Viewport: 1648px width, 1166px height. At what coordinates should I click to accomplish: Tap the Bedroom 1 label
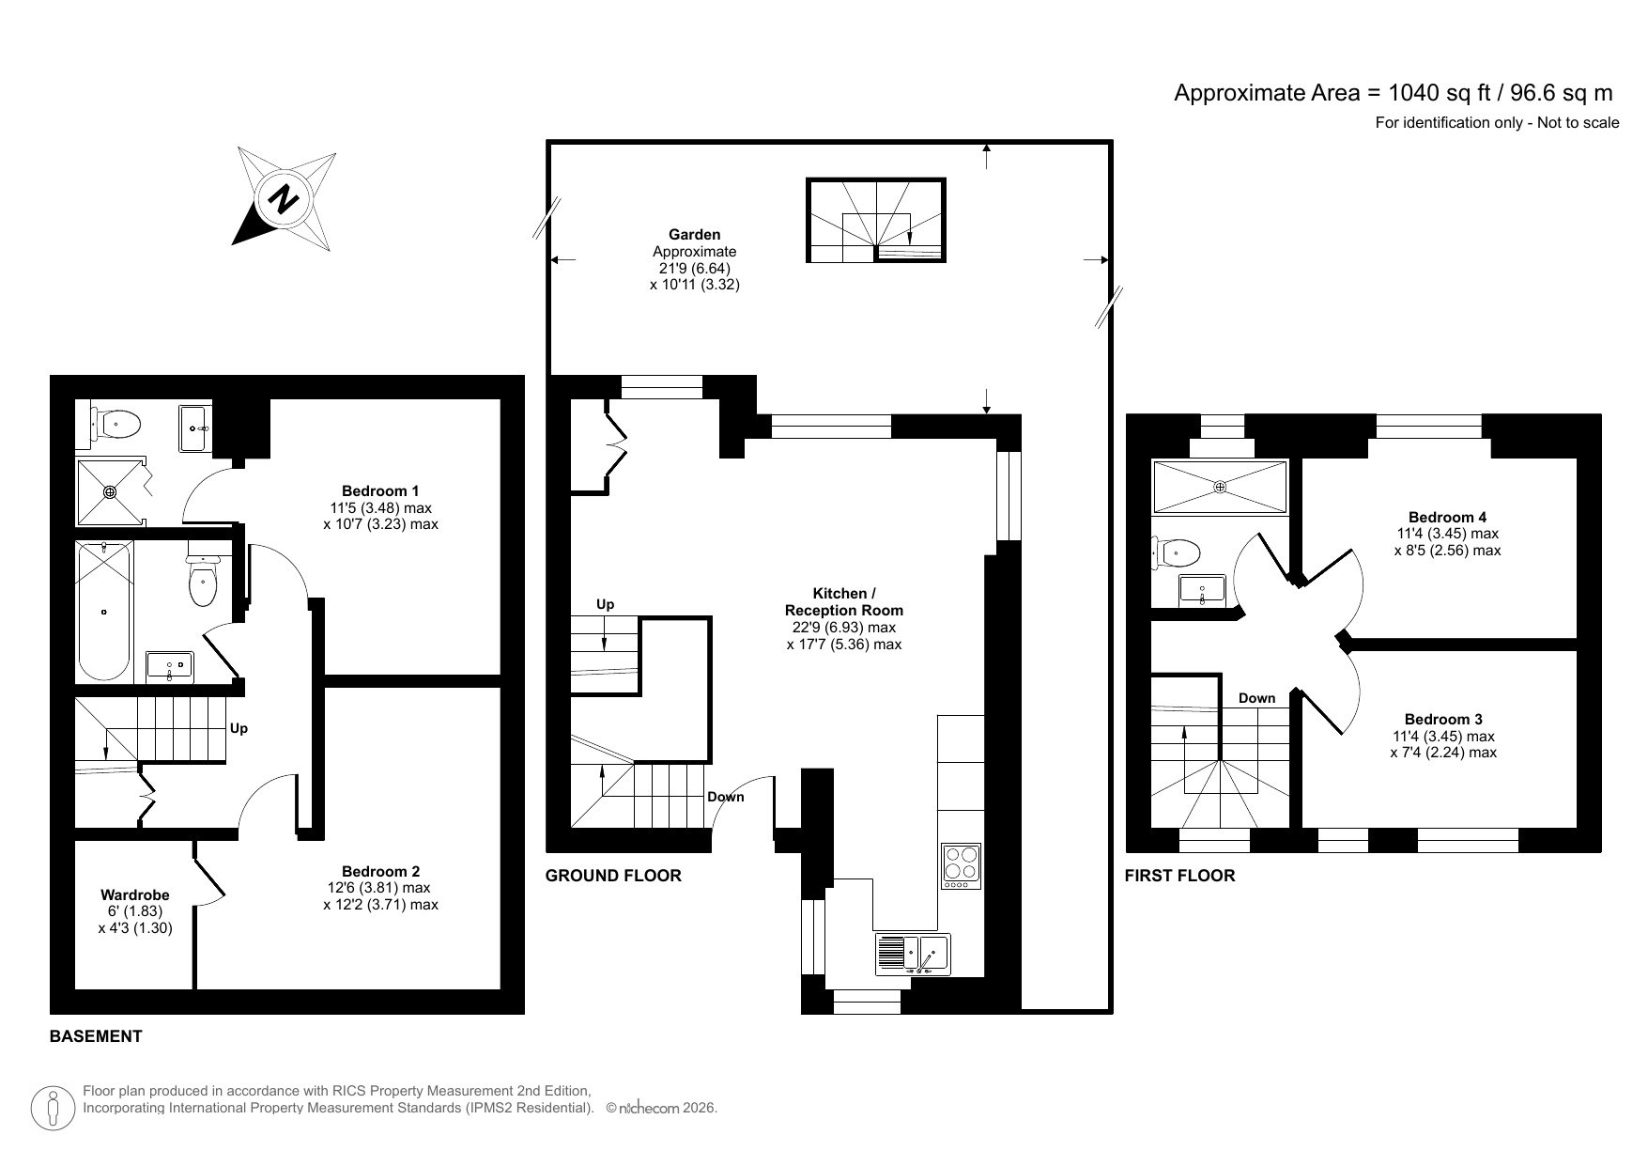[x=379, y=490]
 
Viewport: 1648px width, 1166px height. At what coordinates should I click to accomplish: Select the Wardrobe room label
[x=135, y=895]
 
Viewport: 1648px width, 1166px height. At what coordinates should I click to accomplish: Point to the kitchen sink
[x=913, y=954]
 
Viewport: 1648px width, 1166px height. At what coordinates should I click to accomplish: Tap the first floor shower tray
[x=1220, y=487]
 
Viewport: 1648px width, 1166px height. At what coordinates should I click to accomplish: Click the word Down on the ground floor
[x=725, y=797]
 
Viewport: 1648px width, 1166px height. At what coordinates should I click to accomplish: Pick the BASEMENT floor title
[x=96, y=1036]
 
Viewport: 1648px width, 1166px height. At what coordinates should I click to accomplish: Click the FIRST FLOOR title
[x=1179, y=876]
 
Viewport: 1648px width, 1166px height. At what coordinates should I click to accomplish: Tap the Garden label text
[x=694, y=235]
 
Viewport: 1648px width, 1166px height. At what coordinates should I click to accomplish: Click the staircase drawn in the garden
[x=875, y=220]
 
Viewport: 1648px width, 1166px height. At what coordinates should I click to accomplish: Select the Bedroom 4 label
[x=1447, y=517]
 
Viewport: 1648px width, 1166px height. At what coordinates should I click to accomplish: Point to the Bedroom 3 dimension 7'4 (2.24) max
[x=1443, y=753]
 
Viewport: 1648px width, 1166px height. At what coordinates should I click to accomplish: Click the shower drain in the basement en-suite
[x=110, y=490]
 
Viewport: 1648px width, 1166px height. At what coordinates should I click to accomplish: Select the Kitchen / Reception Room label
[x=843, y=601]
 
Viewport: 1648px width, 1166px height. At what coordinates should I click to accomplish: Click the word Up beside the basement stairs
[x=239, y=728]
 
